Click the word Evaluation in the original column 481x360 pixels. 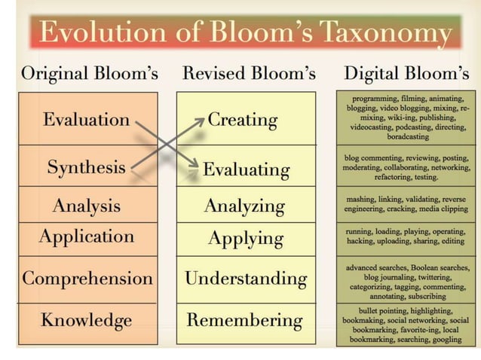[x=86, y=119]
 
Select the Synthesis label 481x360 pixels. [x=86, y=166]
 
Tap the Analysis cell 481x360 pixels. [x=86, y=205]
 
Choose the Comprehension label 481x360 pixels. [x=87, y=278]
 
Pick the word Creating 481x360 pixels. [x=242, y=119]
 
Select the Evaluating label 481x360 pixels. [x=246, y=169]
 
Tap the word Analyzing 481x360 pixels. [x=244, y=206]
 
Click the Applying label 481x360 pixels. [x=246, y=239]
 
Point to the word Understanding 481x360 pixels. [x=246, y=279]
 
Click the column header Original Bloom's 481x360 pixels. [x=89, y=74]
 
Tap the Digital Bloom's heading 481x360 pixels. [x=406, y=74]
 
